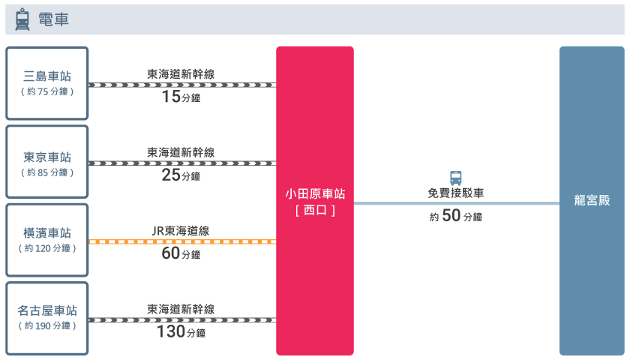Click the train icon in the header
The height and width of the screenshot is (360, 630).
point(22,19)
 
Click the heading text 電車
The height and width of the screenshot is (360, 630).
point(53,19)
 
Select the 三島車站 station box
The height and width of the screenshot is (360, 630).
point(47,83)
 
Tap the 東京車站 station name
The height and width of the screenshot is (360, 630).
point(47,157)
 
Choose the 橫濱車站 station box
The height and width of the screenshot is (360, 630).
point(47,240)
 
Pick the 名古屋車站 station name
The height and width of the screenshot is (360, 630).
point(47,310)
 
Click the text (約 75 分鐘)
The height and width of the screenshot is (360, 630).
point(47,91)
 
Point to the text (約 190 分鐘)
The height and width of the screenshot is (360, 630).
point(47,325)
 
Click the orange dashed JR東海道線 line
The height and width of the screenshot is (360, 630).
point(182,241)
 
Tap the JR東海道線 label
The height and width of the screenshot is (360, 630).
point(181,231)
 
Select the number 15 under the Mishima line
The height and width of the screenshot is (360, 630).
point(171,97)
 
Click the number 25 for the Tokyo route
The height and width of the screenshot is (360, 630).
point(171,175)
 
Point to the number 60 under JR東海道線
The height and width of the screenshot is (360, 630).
point(171,253)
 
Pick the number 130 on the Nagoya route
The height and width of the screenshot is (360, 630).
point(171,331)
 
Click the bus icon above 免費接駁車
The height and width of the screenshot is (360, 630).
point(456,178)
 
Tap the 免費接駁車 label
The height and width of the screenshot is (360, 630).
point(456,193)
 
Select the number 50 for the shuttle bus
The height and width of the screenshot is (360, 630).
point(451,215)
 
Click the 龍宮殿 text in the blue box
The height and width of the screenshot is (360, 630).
point(592,200)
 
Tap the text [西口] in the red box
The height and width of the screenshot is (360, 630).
point(315,210)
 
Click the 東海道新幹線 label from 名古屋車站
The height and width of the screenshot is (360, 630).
point(181,309)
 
